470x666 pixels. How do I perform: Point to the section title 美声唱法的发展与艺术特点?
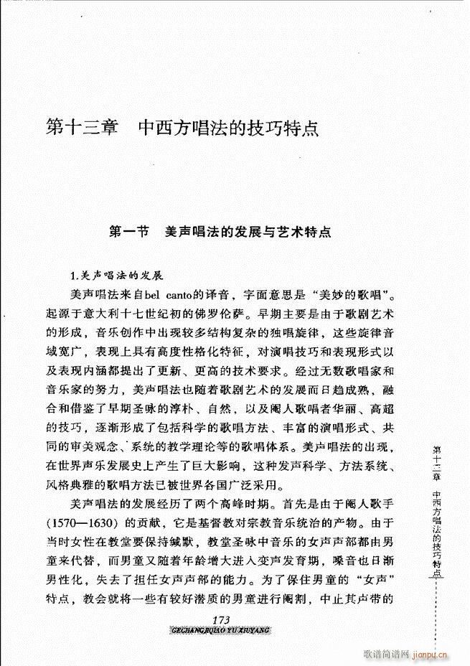[248, 233]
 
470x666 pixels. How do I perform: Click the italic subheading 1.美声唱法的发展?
[118, 275]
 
